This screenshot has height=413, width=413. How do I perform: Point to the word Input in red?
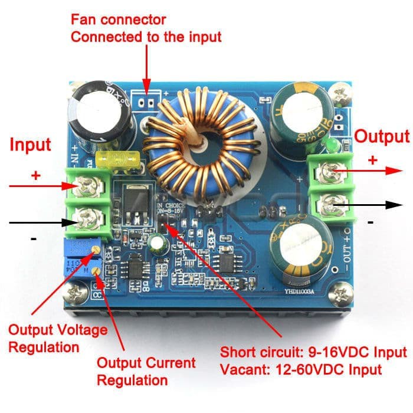coord(31,145)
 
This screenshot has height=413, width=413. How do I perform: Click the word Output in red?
coord(381,137)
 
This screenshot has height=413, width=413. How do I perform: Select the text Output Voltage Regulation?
coord(58,338)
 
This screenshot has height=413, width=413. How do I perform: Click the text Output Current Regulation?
coord(146,371)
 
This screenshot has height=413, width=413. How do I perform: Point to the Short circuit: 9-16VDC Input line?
coord(313,353)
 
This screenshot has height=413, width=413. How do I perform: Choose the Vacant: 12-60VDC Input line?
coord(301,370)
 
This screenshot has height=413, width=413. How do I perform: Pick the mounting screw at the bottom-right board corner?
coord(338,292)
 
